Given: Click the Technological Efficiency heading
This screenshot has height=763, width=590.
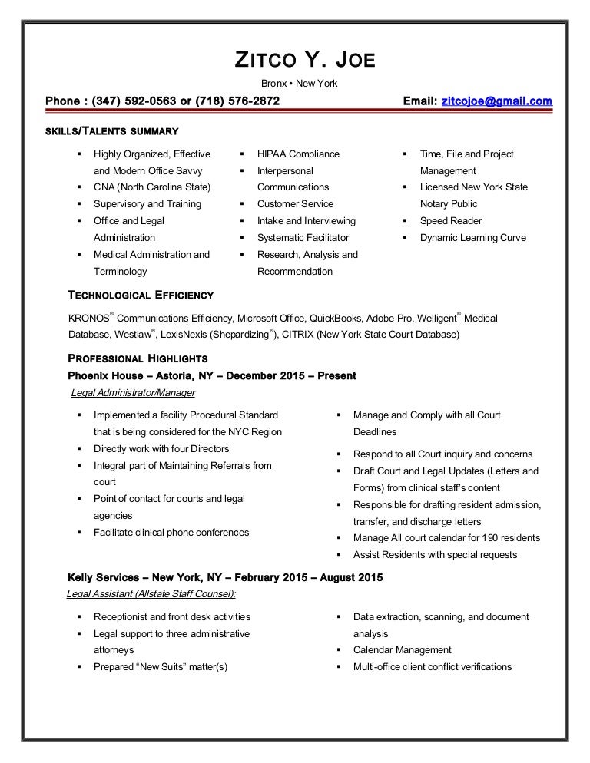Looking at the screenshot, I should click(x=141, y=295).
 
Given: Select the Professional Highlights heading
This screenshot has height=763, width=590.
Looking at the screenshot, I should click(x=138, y=358).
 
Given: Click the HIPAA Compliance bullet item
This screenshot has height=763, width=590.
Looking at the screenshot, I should click(x=298, y=154).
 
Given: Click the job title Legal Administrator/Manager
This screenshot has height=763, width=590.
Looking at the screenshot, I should click(x=132, y=393).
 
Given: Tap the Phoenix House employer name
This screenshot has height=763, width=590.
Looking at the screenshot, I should click(x=105, y=376).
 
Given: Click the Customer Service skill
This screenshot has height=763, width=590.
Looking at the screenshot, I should click(x=295, y=204).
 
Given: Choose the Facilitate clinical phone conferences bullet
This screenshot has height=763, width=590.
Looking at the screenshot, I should click(x=171, y=533).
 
